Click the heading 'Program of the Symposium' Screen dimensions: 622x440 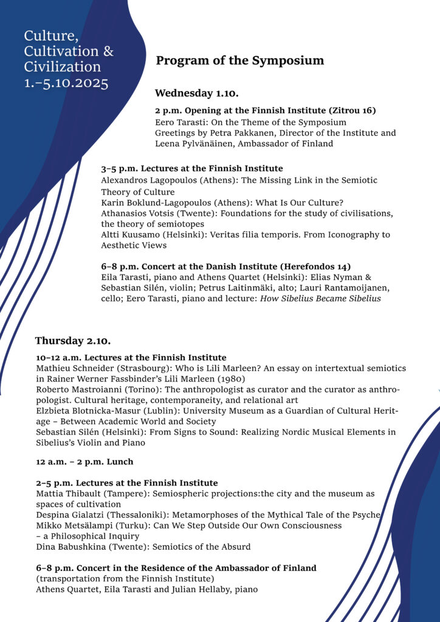[240, 61]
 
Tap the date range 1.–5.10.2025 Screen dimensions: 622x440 [66, 83]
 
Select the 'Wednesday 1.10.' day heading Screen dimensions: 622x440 [196, 94]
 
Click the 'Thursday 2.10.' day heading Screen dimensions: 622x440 [73, 341]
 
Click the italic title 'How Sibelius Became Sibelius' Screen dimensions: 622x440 [320, 299]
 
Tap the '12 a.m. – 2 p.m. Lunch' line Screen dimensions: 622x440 [84, 462]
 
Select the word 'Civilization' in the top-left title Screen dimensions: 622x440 [63, 67]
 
